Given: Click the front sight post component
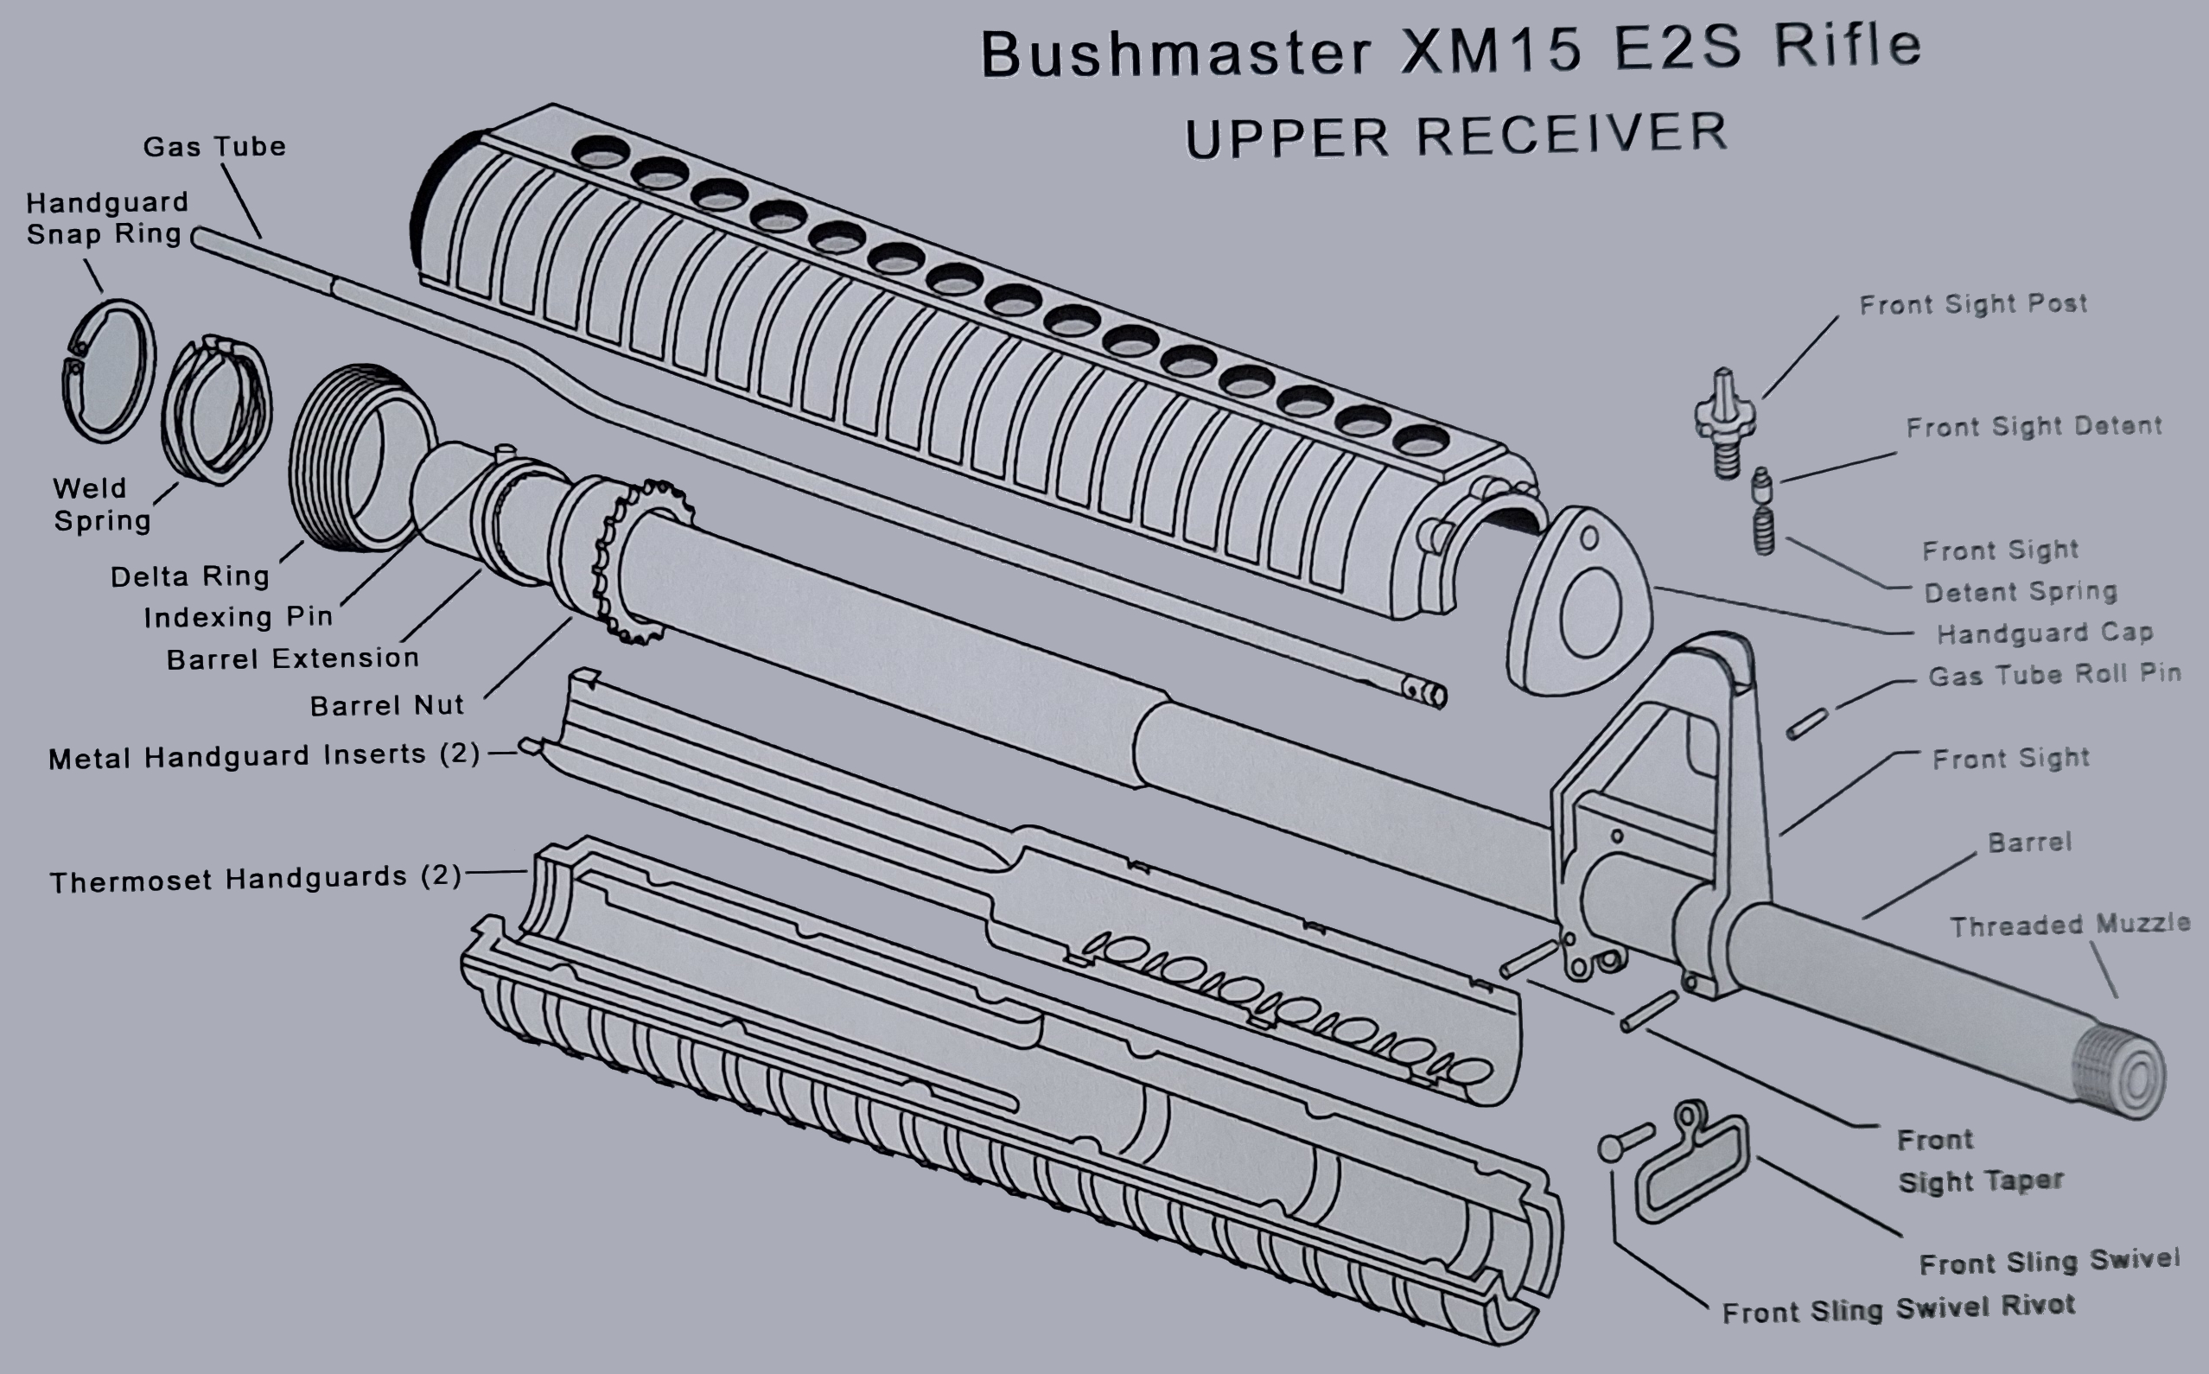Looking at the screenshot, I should (1725, 423).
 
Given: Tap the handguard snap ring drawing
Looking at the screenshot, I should (108, 372).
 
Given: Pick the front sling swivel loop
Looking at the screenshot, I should (1691, 1163).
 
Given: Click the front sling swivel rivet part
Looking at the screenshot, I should (1625, 1142).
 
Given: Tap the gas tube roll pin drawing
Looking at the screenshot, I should (1806, 724).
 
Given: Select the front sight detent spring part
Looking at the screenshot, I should (1763, 531).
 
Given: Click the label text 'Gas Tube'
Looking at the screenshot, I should (214, 146).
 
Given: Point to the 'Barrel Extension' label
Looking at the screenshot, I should (293, 658).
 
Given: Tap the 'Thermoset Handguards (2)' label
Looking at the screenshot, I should (255, 879).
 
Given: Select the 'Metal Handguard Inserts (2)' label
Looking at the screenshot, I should (264, 756).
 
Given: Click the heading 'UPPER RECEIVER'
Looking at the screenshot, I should (1455, 136).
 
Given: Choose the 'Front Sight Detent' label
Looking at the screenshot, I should (2033, 426).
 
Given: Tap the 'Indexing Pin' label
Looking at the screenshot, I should (238, 617).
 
